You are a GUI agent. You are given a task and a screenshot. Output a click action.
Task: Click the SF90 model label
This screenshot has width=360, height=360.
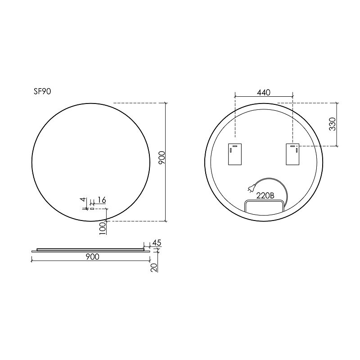click(42, 92)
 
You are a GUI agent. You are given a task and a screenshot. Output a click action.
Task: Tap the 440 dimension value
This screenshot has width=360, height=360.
click(264, 93)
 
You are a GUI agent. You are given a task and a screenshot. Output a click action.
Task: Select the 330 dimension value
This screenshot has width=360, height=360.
click(333, 124)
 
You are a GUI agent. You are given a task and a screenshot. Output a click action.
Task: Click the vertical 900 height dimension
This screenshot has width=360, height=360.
click(162, 157)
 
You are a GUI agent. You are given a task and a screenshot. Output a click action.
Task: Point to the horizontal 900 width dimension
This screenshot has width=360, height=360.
click(93, 256)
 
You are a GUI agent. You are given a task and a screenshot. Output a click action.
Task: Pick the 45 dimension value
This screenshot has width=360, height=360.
click(157, 243)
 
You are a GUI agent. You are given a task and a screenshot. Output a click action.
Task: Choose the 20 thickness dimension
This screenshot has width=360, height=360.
click(154, 268)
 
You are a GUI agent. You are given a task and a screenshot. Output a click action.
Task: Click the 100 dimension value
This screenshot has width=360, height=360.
click(103, 228)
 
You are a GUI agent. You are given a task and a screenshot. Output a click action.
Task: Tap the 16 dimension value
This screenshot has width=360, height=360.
click(101, 200)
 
